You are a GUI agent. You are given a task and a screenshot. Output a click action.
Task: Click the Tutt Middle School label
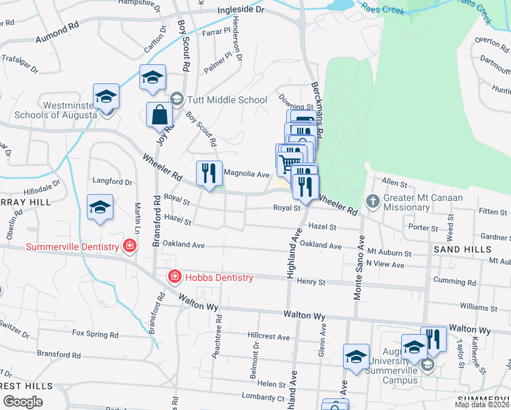(224, 100)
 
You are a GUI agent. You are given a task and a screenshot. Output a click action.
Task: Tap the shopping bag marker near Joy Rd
(159, 115)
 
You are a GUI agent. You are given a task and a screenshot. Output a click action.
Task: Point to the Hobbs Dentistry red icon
(175, 277)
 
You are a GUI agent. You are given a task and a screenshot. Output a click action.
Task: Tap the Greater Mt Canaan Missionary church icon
(372, 201)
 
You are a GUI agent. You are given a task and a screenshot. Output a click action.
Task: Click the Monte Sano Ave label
(358, 268)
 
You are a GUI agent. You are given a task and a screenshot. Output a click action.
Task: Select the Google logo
(22, 402)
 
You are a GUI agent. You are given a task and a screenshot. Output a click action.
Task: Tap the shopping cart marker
(289, 163)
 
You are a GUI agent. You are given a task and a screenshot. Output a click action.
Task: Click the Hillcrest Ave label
(270, 336)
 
